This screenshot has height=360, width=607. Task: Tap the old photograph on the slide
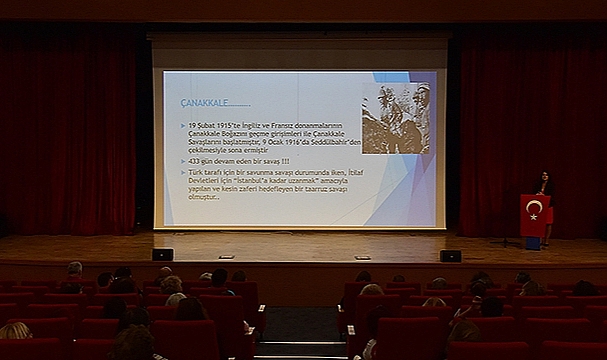(396, 118)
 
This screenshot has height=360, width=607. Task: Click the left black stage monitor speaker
(162, 254)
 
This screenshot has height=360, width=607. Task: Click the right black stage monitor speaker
(451, 255)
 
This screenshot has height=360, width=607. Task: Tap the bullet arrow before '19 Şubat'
(183, 124)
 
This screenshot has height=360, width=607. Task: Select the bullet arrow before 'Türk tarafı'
(183, 173)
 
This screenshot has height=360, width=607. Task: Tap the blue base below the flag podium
(533, 242)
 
